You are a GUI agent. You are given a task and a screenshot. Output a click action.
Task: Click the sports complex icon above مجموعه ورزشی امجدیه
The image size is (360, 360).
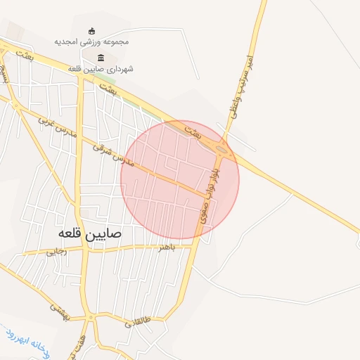tap(91, 30)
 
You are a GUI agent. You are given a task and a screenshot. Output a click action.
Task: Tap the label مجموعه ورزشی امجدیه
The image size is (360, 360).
tap(91, 42)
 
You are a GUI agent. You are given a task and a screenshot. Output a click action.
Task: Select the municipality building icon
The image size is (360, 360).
tap(101, 58)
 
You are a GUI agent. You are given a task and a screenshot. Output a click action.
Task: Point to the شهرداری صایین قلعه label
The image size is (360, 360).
tap(101, 69)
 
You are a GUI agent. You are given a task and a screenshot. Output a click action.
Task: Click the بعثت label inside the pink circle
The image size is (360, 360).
tap(192, 131)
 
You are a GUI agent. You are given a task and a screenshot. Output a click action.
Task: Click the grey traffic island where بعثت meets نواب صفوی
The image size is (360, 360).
tap(221, 148)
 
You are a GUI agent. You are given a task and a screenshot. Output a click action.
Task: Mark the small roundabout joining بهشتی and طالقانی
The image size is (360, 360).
tap(91, 318)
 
